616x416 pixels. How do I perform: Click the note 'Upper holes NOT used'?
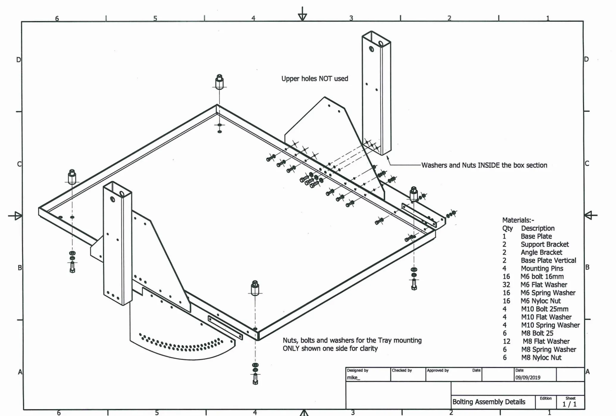(314, 79)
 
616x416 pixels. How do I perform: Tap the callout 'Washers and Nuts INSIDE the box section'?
(484, 165)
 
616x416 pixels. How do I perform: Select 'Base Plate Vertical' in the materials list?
(548, 261)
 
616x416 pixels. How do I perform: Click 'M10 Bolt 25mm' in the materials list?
(544, 309)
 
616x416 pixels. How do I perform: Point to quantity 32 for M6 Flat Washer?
(506, 285)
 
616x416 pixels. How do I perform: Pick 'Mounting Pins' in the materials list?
(542, 269)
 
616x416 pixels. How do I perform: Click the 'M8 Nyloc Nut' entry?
(541, 358)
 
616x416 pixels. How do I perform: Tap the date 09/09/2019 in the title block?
(528, 378)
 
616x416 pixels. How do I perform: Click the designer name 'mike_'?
(353, 378)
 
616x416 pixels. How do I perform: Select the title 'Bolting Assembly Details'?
(489, 402)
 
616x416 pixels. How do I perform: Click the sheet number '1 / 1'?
(569, 404)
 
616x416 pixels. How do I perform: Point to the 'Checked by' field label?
(402, 370)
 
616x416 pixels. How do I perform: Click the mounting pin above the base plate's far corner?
(219, 82)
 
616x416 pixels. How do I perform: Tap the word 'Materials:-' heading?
(518, 220)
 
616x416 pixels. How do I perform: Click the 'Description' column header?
(537, 228)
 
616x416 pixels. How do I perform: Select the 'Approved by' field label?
(438, 370)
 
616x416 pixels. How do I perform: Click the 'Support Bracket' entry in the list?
(544, 244)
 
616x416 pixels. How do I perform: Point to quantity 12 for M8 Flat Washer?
(506, 342)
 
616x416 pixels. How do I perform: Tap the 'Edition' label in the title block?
(546, 398)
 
